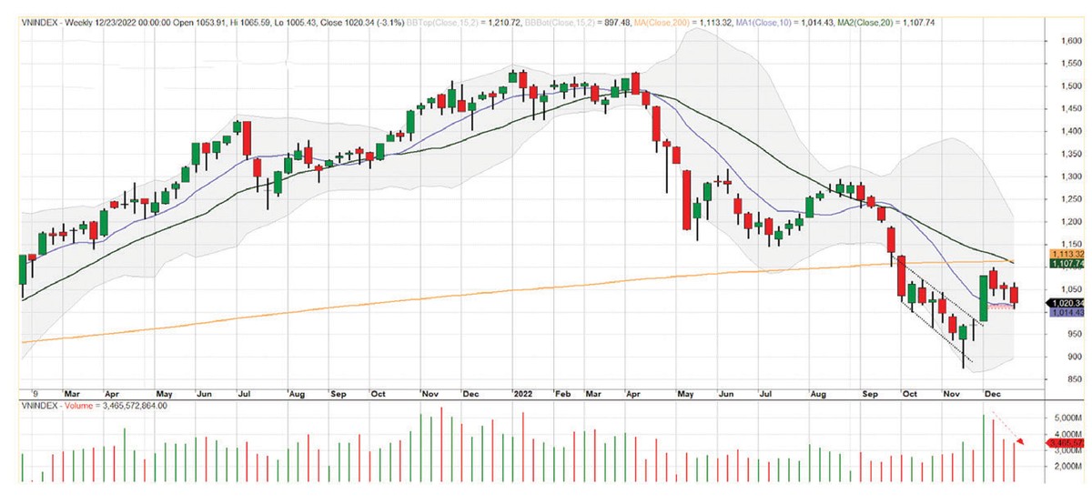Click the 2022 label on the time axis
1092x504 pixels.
tap(524, 395)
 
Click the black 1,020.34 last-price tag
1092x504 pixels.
tap(1067, 303)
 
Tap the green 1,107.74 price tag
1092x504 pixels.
tap(1067, 264)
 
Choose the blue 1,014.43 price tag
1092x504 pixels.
tap(1067, 313)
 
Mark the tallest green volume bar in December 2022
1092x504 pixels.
tap(983, 449)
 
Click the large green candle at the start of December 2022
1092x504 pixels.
tap(983, 298)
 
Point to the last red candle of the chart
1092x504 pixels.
tap(1015, 295)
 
